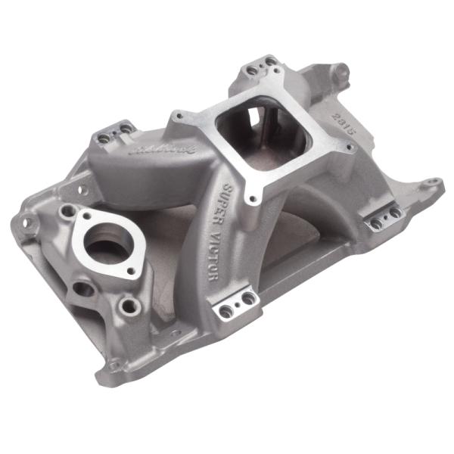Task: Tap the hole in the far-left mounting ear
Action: (x=26, y=223)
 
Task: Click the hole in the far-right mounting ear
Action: (x=433, y=182)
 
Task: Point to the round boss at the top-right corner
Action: (x=342, y=73)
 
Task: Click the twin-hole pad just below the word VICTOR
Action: (x=238, y=304)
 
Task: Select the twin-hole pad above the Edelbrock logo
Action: (x=114, y=133)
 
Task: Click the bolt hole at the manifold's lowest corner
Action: (x=114, y=365)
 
